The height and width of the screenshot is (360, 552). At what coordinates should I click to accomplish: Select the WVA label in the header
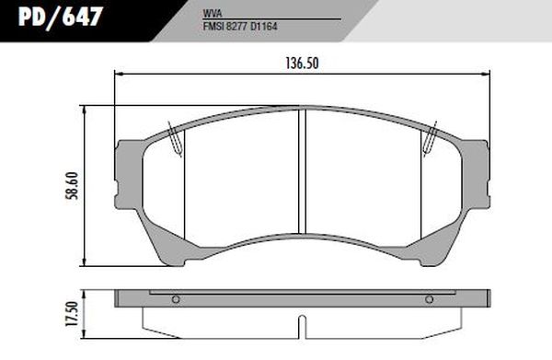click(211, 16)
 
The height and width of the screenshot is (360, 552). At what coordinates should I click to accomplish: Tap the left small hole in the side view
click(176, 300)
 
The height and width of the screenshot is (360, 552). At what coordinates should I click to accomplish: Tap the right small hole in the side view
click(429, 300)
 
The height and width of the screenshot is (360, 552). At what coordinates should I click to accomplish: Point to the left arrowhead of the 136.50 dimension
click(117, 75)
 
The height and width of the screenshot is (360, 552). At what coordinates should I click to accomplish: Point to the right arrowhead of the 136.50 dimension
click(487, 75)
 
